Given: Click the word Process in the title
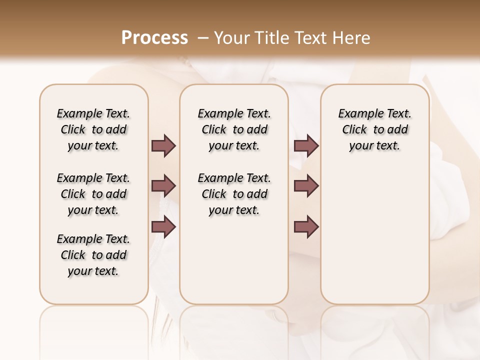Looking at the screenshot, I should (x=154, y=38).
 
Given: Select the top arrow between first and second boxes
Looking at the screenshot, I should (x=163, y=146).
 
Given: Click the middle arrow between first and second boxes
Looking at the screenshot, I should (x=163, y=186).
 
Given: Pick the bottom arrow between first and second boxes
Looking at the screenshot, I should (x=163, y=227).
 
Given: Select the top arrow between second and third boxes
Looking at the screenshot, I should (x=306, y=146).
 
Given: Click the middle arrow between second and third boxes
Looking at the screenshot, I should (x=306, y=186).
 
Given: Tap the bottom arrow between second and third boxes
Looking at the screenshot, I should (x=306, y=227).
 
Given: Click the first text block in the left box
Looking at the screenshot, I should (x=93, y=129).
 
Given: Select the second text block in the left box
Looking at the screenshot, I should (x=93, y=194).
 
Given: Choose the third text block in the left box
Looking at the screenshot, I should (x=93, y=255).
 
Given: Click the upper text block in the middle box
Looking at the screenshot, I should (x=234, y=129).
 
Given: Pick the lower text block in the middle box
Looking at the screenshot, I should (x=234, y=194).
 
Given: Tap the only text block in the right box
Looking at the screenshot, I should (x=375, y=129).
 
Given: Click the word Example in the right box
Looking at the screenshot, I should (x=356, y=114).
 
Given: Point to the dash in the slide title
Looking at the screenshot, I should (x=203, y=38).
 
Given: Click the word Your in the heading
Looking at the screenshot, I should (x=230, y=38).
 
